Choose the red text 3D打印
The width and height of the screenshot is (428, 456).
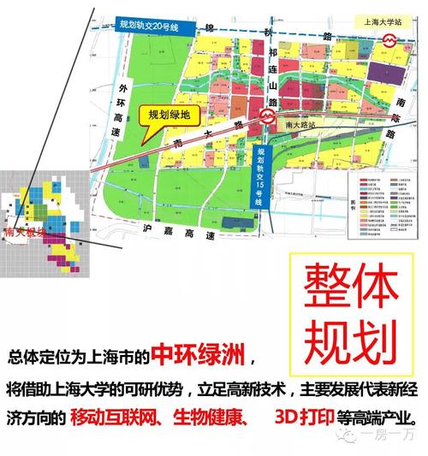tap(302, 420)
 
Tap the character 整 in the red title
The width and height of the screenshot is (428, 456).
tap(320, 284)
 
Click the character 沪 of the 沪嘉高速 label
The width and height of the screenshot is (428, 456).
tap(145, 230)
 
